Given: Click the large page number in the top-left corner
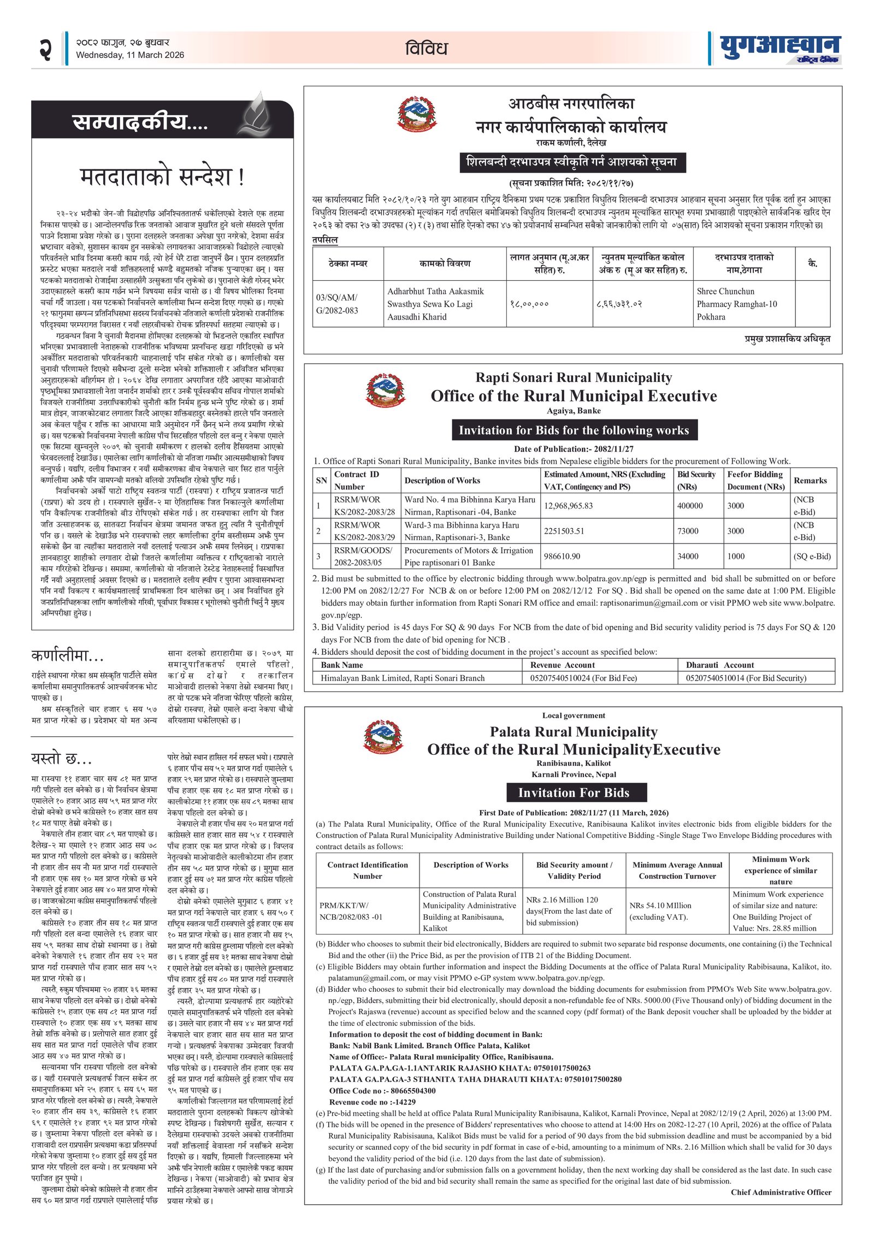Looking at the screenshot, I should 45,50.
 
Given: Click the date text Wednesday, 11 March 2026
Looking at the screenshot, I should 130,55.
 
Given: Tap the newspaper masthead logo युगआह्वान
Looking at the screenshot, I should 780,49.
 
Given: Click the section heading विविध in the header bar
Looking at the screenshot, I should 426,49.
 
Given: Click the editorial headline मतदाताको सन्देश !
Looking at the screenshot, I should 162,177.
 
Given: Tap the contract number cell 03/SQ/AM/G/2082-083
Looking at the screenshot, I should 337,304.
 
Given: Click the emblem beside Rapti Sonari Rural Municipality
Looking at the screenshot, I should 386,390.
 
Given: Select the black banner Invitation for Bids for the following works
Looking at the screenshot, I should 574,430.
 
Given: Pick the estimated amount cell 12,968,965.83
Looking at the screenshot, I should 568,506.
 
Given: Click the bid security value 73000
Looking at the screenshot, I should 688,531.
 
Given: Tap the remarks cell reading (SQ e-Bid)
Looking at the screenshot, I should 812,556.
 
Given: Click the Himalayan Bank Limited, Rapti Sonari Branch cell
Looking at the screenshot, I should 403,678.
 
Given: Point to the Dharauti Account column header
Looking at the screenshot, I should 719,665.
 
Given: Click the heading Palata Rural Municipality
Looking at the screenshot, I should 573,732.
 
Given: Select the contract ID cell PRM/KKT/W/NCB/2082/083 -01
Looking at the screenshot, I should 351,911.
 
